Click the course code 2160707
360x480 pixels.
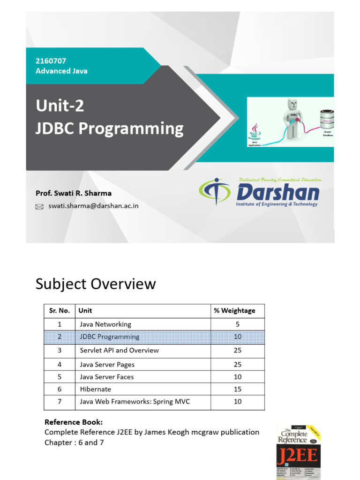pyautogui.click(x=49, y=61)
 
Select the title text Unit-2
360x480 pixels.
pyautogui.click(x=60, y=106)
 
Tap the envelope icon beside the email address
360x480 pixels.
pyautogui.click(x=39, y=206)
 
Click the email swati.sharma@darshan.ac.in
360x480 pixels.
pyautogui.click(x=93, y=206)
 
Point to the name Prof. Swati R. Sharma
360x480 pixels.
pyautogui.click(x=74, y=193)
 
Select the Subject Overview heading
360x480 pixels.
pyautogui.click(x=96, y=284)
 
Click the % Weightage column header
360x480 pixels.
pyautogui.click(x=234, y=310)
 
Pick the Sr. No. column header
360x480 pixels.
pyautogui.click(x=60, y=310)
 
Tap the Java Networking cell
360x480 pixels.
pyautogui.click(x=105, y=324)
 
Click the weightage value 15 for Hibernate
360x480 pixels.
pyautogui.click(x=238, y=389)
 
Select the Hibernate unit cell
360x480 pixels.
pyautogui.click(x=96, y=389)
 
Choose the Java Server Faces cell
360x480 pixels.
pyautogui.click(x=107, y=377)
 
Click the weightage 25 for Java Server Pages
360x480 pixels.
pyautogui.click(x=238, y=364)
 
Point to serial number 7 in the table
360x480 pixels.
pyautogui.click(x=60, y=401)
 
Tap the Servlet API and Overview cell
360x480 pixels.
pyautogui.click(x=119, y=350)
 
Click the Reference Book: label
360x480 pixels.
pyautogui.click(x=73, y=422)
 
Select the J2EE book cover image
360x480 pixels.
pyautogui.click(x=298, y=452)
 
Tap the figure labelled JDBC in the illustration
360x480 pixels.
pyautogui.click(x=292, y=117)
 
